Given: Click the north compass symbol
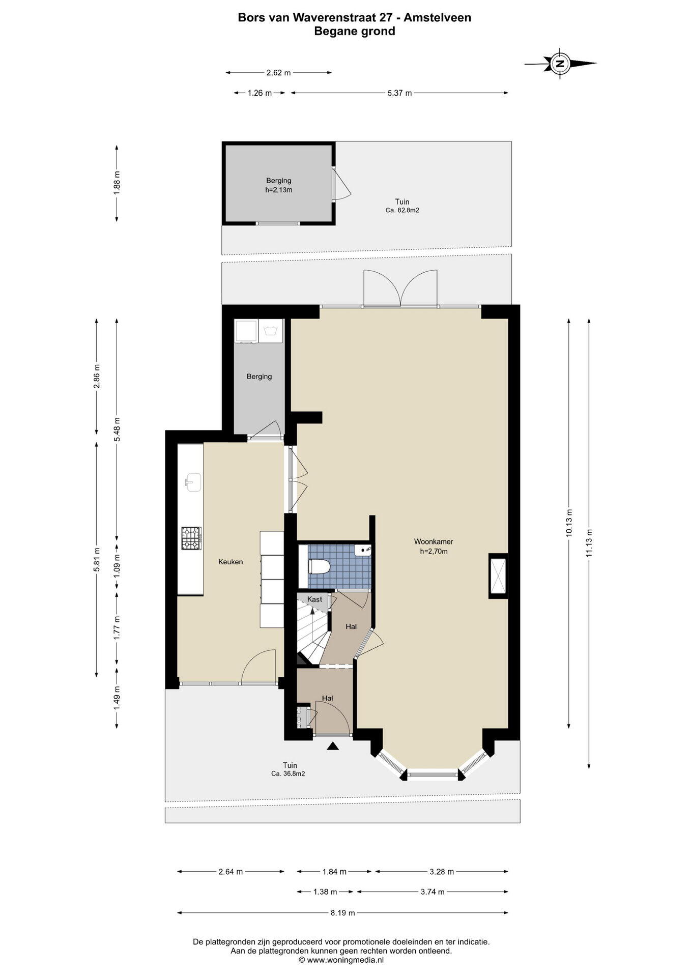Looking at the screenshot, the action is [x=560, y=64].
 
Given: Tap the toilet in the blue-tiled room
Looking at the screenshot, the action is [x=320, y=566].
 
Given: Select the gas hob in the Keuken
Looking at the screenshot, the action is [x=191, y=538].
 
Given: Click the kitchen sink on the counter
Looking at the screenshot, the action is [x=193, y=482].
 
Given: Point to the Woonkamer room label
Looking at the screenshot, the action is [x=434, y=542].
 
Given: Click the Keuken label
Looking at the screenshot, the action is [x=231, y=562].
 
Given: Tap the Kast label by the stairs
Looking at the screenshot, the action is [x=314, y=599].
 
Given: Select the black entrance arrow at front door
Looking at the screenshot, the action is [x=333, y=746].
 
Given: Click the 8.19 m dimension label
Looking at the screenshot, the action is [x=342, y=913].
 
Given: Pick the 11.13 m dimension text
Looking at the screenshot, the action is [x=589, y=543].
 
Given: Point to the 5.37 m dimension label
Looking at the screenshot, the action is [x=399, y=93].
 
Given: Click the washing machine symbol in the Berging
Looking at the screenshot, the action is [x=271, y=331].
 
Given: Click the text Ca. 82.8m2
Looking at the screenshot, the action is [x=402, y=210].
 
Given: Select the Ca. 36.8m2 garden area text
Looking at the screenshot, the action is [x=288, y=773].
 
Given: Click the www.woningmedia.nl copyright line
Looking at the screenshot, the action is [x=341, y=960].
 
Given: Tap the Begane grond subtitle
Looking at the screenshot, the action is [x=355, y=31].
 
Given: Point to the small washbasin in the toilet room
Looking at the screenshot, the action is [x=363, y=550].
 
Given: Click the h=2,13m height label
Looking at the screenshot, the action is [x=279, y=190].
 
